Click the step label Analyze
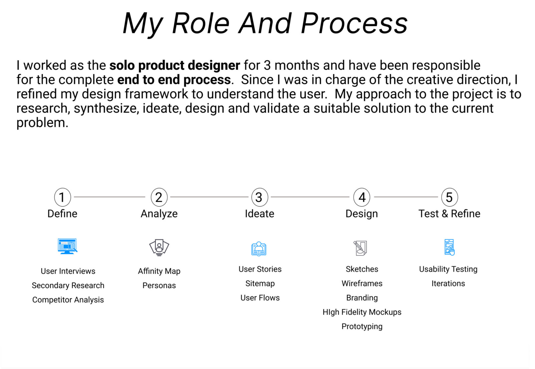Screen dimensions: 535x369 pyautogui.click(x=159, y=214)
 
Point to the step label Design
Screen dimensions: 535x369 pyautogui.click(x=362, y=214)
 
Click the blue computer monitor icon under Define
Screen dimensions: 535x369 pyautogui.click(x=67, y=246)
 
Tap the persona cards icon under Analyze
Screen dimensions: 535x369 pyautogui.click(x=159, y=248)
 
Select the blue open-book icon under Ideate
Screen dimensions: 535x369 pyautogui.click(x=259, y=249)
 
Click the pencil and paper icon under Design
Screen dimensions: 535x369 pyautogui.click(x=360, y=248)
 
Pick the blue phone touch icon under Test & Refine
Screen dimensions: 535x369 pyautogui.click(x=449, y=247)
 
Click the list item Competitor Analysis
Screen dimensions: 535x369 pyautogui.click(x=68, y=300)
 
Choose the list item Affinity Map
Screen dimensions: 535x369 pyautogui.click(x=159, y=271)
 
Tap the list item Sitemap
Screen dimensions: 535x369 pyautogui.click(x=260, y=284)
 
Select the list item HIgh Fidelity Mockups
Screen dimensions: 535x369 pyautogui.click(x=362, y=312)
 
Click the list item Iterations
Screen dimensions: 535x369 pyautogui.click(x=448, y=284)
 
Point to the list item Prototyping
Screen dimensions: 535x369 pyautogui.click(x=362, y=327)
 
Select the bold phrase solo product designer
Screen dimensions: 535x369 pyautogui.click(x=175, y=65)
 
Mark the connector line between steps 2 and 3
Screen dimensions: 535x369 pyautogui.click(x=209, y=197)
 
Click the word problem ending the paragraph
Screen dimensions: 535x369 pyautogui.click(x=42, y=123)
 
